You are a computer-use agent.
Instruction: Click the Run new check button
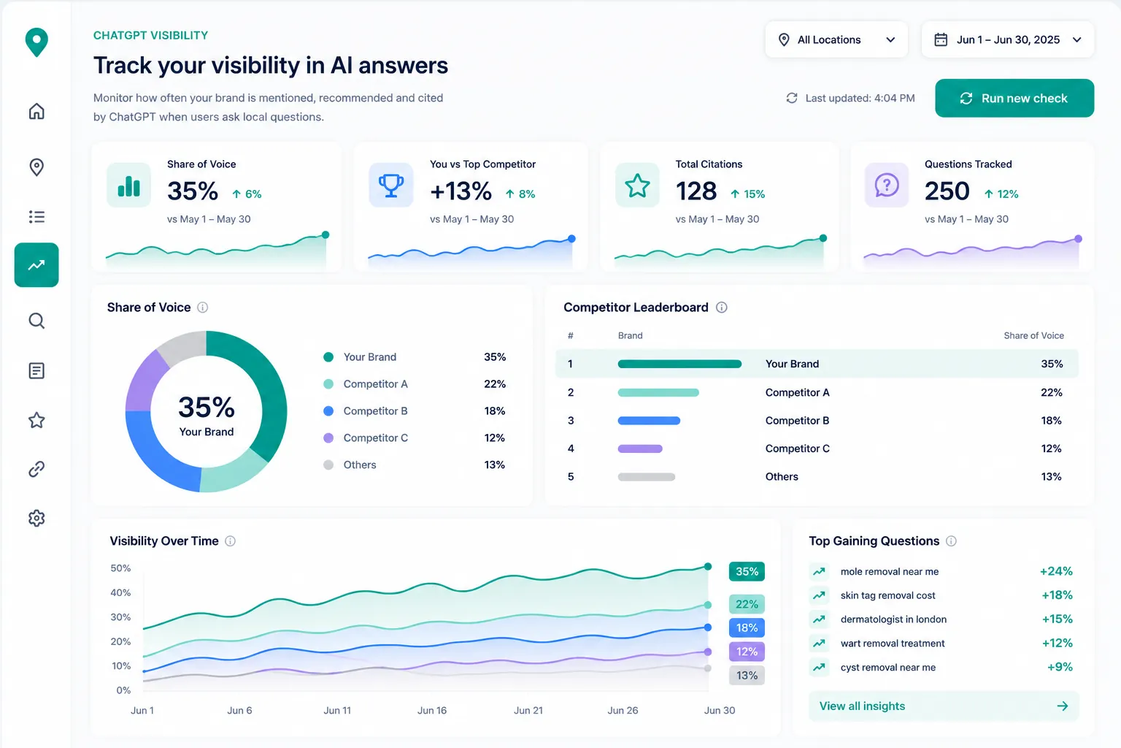(1014, 98)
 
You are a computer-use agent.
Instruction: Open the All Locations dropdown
(836, 39)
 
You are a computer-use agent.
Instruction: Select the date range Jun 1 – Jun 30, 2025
(1007, 39)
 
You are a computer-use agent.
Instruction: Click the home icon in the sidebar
(36, 111)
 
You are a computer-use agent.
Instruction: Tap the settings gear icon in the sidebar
(36, 518)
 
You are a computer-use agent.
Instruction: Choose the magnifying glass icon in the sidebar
(36, 321)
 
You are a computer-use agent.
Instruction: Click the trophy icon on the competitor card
(391, 185)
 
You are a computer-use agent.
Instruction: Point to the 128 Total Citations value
(696, 191)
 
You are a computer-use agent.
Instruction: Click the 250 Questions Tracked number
(947, 191)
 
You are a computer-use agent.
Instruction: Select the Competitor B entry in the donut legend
(375, 411)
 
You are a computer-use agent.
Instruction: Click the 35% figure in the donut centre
(207, 406)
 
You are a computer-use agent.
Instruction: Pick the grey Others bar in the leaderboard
(646, 477)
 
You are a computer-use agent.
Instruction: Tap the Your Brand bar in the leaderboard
(679, 365)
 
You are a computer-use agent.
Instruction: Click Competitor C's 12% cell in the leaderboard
(1051, 449)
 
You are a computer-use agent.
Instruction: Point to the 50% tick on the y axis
(120, 568)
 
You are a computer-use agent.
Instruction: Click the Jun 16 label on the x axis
(432, 711)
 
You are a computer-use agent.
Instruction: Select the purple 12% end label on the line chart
(747, 652)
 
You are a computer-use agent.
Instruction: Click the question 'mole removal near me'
(890, 572)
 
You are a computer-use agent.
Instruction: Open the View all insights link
(944, 706)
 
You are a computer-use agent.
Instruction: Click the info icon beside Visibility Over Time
(230, 541)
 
